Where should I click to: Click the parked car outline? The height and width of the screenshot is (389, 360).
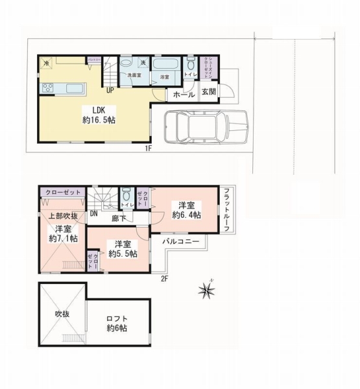pos(206,124)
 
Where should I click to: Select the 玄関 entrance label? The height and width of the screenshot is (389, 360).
pos(208,92)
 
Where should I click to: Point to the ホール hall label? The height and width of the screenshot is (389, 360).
pos(184,95)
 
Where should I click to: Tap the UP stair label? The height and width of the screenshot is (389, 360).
pos(110,90)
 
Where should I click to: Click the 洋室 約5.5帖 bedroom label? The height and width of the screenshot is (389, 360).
pos(122,250)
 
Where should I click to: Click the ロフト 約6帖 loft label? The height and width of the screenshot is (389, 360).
pos(117,324)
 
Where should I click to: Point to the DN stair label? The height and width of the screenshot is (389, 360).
pos(94,213)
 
